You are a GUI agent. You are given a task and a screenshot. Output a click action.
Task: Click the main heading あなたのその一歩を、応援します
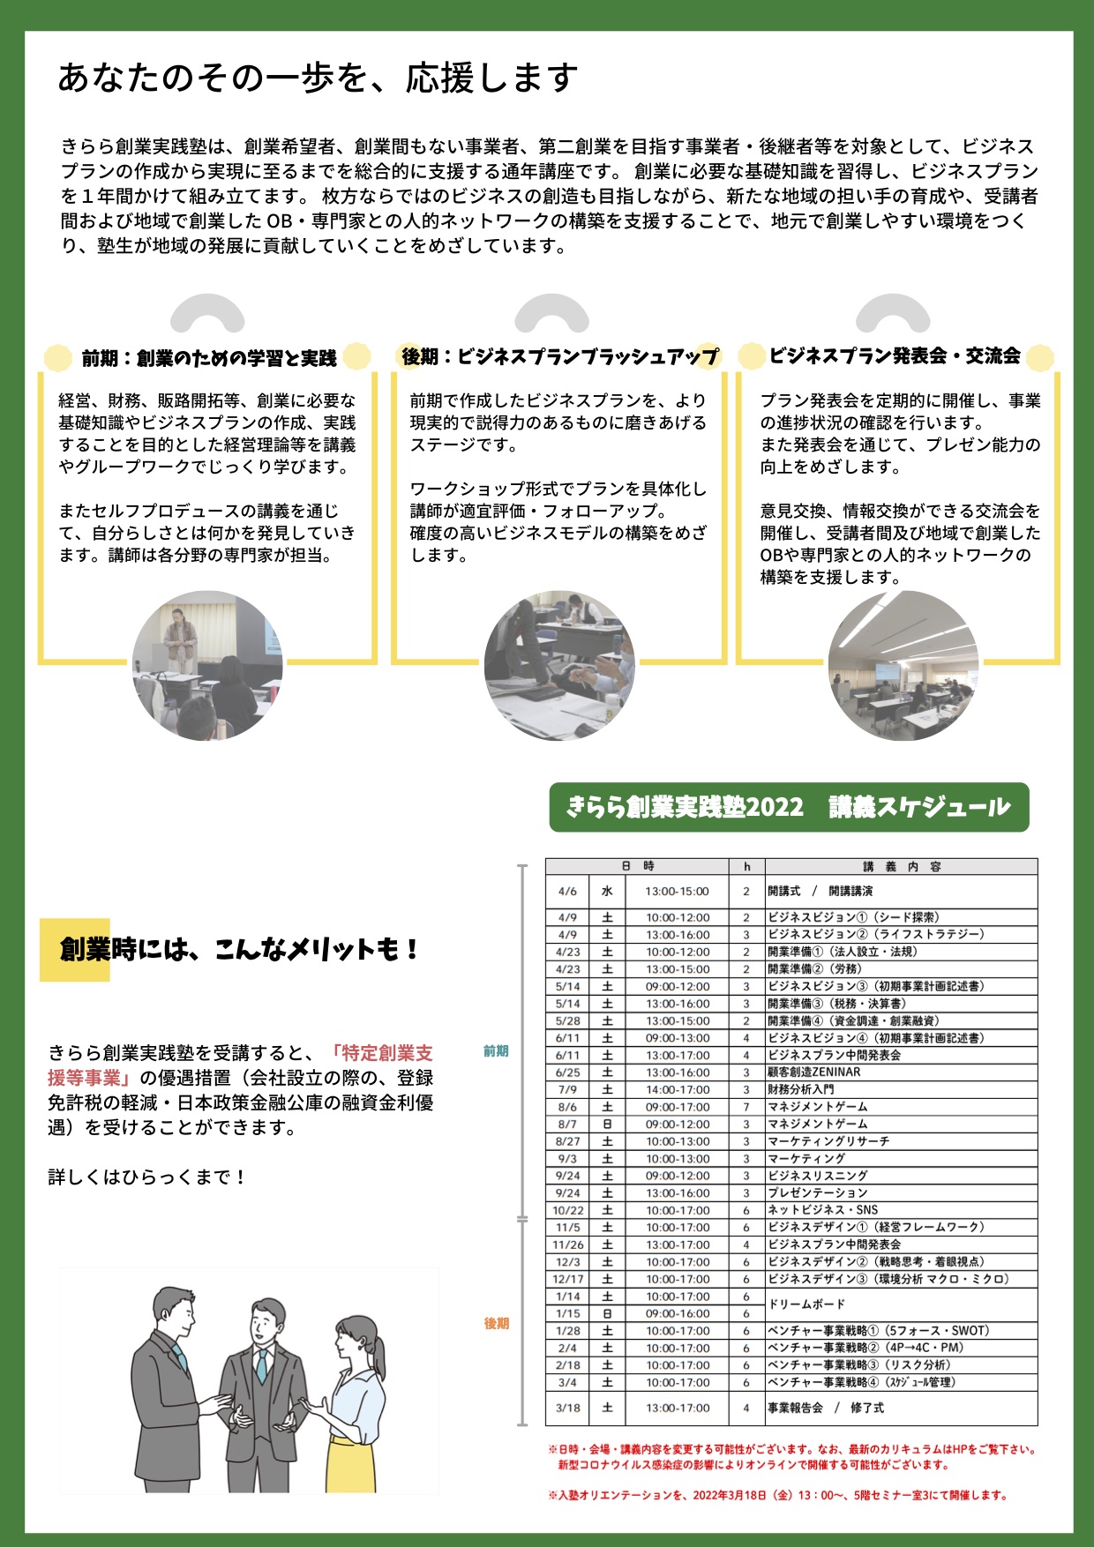[x=318, y=78]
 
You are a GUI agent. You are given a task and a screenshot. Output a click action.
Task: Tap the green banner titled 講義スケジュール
[x=789, y=807]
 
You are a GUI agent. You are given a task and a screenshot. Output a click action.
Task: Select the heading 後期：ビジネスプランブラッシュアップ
[x=560, y=356]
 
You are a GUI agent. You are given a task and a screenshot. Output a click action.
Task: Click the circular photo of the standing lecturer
[x=207, y=665]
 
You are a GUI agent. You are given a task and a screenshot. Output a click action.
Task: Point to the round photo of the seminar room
[x=903, y=665]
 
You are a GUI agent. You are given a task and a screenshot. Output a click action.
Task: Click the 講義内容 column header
[x=901, y=866]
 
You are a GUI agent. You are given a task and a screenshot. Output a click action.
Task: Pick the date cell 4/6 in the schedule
[x=567, y=892]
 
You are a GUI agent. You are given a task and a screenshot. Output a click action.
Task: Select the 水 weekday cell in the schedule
[x=607, y=892]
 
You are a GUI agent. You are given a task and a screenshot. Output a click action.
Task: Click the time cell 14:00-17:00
[x=677, y=1089]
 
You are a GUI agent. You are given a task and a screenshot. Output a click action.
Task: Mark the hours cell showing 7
[x=746, y=1107]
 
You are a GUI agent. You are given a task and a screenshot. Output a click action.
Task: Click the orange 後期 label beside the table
[x=497, y=1323]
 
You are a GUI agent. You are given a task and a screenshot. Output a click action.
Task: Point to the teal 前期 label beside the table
[x=496, y=1051]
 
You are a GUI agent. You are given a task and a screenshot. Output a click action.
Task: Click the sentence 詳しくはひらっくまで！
[x=147, y=1177]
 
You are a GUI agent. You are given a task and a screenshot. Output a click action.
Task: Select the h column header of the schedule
[x=746, y=866]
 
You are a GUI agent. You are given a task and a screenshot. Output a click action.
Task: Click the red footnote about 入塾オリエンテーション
[x=777, y=1495]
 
